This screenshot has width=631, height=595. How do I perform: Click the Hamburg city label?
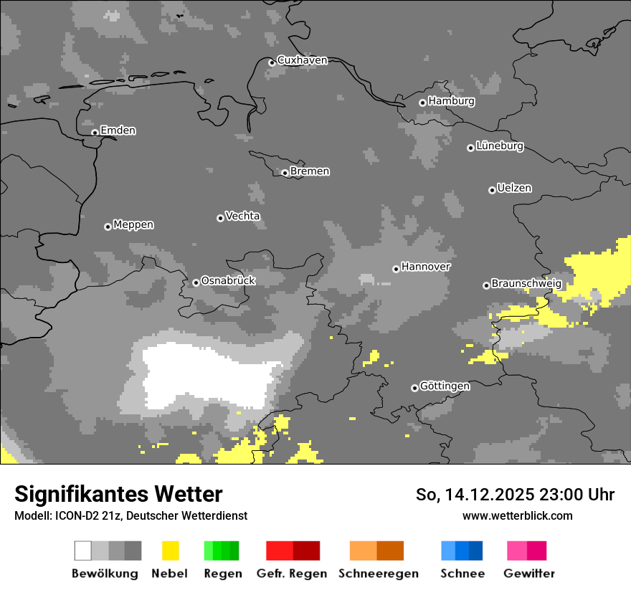[451, 101]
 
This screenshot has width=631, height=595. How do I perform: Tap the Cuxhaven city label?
[302, 60]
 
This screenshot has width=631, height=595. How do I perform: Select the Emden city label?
[118, 130]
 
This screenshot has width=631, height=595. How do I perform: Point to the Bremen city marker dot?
[285, 173]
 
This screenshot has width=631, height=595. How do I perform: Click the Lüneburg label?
[500, 146]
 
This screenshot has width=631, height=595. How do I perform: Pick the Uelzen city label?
[514, 188]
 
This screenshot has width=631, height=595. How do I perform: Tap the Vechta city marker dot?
[220, 218]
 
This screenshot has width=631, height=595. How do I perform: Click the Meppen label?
[133, 224]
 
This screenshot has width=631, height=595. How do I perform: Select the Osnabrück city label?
[228, 280]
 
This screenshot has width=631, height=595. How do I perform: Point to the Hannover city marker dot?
[396, 270]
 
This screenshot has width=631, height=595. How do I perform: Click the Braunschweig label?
[526, 284]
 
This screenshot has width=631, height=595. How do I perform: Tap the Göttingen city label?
[445, 386]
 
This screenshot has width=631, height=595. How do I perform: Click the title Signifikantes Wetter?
[118, 494]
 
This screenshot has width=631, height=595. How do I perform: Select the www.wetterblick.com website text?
[517, 515]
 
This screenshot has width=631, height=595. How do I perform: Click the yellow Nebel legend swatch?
[170, 551]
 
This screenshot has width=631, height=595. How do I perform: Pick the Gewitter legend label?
[529, 573]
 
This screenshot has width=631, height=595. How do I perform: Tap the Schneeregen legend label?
[378, 573]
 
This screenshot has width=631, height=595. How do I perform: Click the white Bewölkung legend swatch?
[83, 551]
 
